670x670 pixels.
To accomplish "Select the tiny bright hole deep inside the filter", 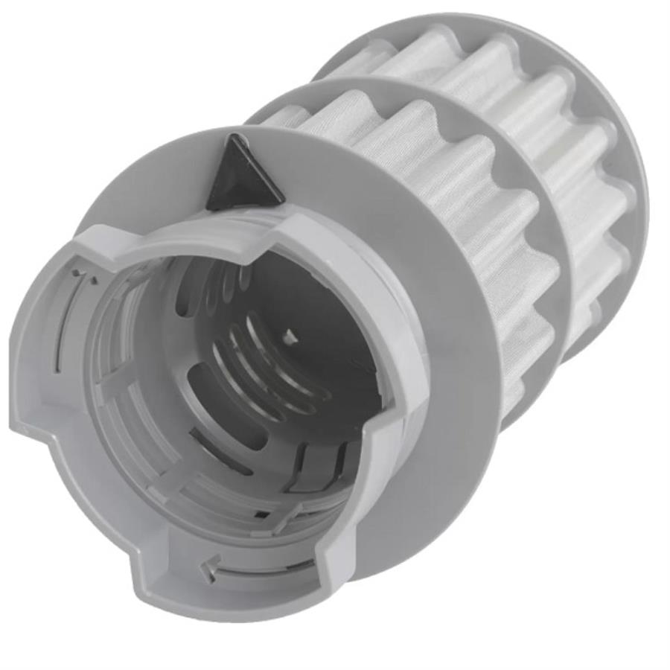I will (x=292, y=337).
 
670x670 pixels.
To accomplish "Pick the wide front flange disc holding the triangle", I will (x=439, y=417).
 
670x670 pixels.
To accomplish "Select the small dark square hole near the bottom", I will (x=261, y=514).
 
